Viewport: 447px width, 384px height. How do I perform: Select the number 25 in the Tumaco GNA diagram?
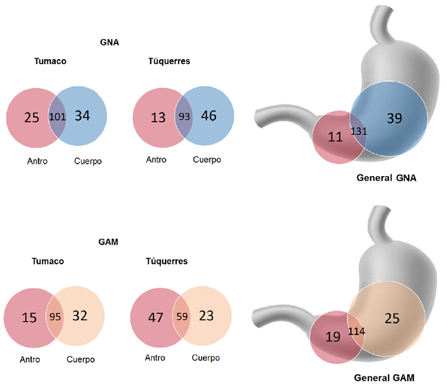pyautogui.click(x=31, y=117)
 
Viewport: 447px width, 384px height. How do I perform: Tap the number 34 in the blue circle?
pyautogui.click(x=81, y=116)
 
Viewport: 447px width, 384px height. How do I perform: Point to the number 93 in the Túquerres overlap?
pyautogui.click(x=184, y=116)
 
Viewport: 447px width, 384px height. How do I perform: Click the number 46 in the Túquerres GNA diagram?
pyautogui.click(x=208, y=116)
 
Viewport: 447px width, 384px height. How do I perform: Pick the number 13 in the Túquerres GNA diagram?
pyautogui.click(x=157, y=117)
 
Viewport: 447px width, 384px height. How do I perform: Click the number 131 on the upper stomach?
pyautogui.click(x=359, y=131)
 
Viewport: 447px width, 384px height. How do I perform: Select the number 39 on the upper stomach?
pyautogui.click(x=395, y=119)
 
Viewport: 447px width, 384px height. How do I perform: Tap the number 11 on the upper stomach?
pyautogui.click(x=335, y=136)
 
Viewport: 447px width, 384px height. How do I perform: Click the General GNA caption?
pyautogui.click(x=386, y=177)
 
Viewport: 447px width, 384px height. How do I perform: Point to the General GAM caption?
pyautogui.click(x=386, y=377)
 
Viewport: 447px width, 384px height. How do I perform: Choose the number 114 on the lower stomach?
pyautogui.click(x=357, y=331)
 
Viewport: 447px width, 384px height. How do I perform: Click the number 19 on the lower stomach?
pyautogui.click(x=332, y=337)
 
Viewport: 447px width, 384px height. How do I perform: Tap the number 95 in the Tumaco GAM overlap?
pyautogui.click(x=55, y=318)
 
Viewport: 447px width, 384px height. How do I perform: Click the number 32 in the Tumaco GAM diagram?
pyautogui.click(x=80, y=317)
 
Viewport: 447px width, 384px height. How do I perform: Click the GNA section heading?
pyautogui.click(x=109, y=42)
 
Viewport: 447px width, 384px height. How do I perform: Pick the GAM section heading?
pyautogui.click(x=109, y=242)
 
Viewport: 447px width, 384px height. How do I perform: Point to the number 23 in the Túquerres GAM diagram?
pyautogui.click(x=206, y=317)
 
